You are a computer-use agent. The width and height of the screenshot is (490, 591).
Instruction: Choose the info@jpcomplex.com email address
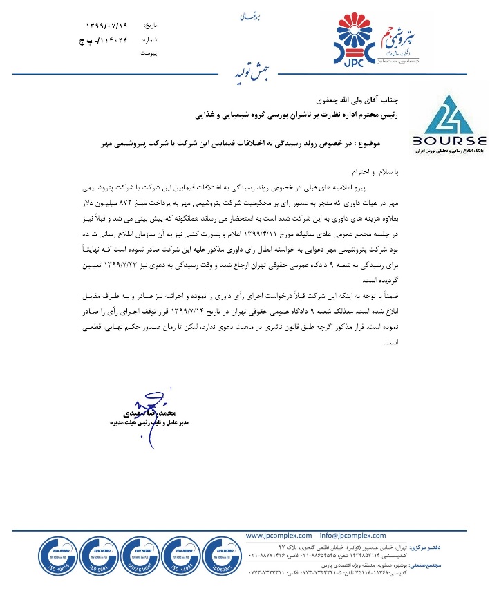(x=352, y=535)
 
